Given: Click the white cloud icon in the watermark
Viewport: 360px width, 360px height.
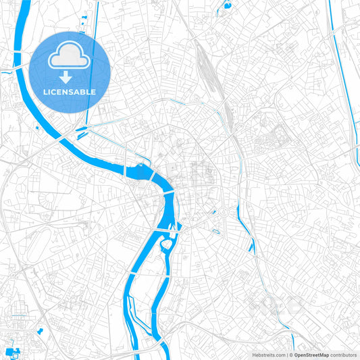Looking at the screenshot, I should point(70,59).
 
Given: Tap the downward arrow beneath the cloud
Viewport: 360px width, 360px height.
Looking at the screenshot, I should point(70,78).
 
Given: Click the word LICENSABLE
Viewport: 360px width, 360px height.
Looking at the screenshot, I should point(70,91).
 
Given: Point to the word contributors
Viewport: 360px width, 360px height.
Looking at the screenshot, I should point(343,355).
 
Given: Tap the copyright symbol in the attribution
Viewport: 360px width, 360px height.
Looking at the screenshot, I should point(289,355).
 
